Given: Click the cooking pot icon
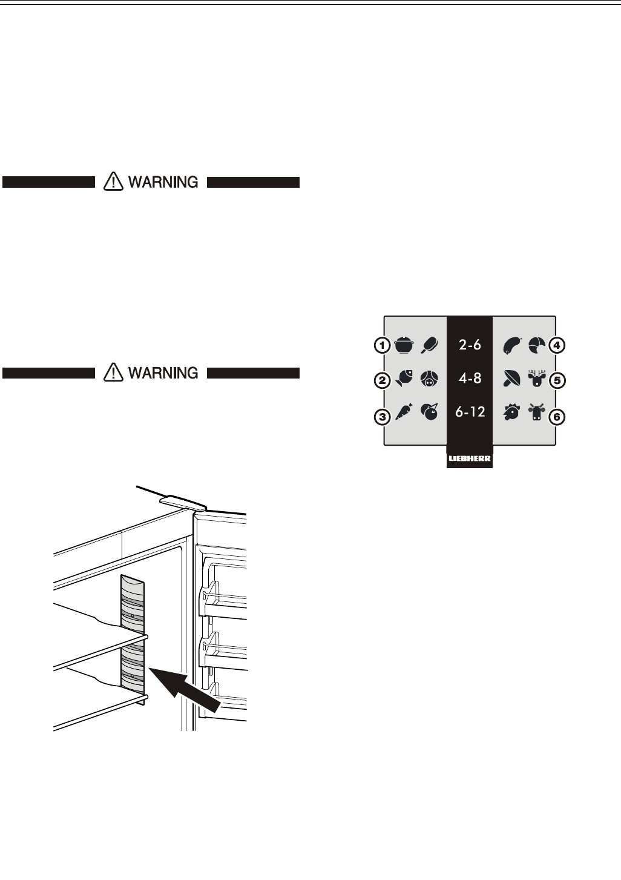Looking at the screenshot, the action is click(404, 346).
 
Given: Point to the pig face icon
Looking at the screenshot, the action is click(429, 380).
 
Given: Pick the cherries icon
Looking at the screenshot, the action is click(429, 412).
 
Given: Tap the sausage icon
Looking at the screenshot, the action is click(511, 346).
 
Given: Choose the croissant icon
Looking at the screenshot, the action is click(536, 345).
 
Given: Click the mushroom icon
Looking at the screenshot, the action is click(511, 380).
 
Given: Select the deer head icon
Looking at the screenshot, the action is click(536, 380).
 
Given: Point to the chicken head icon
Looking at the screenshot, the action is click(511, 412).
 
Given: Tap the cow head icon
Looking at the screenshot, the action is click(536, 412).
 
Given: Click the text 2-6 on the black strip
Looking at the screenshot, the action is click(469, 345).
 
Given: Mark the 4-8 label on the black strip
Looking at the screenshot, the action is click(469, 379).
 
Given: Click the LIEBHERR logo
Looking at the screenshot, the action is click(470, 462).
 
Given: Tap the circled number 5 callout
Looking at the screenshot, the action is click(558, 381).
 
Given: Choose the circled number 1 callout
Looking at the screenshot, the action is click(381, 346).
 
